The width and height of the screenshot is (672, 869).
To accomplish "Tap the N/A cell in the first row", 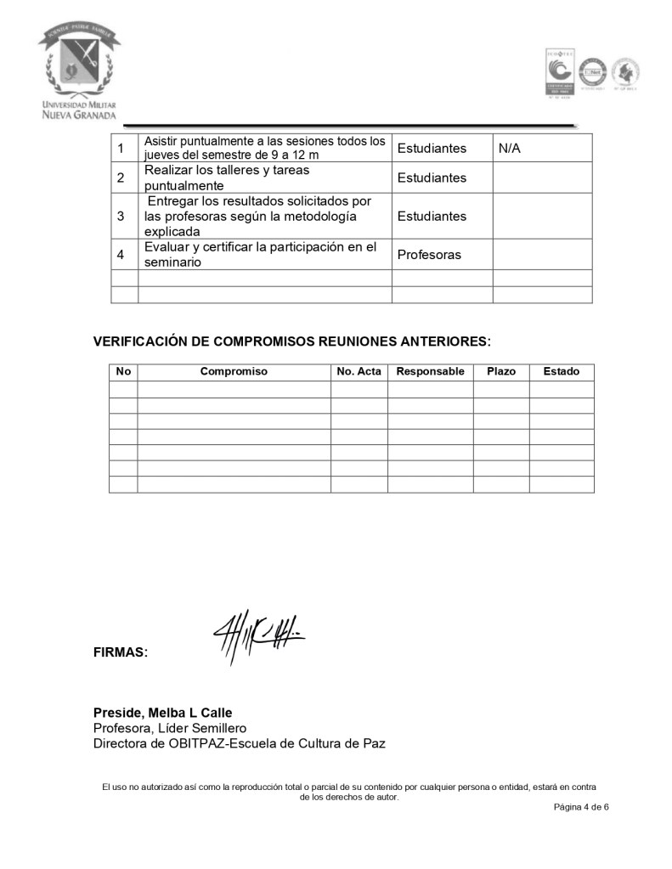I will pos(510,149).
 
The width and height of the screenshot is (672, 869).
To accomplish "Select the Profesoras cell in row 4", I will pos(429,255).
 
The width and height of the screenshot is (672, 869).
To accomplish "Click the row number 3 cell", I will pos(121,216).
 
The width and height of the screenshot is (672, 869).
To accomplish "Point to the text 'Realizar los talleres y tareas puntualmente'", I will pos(227,178).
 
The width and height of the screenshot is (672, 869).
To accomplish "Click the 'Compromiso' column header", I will pos(234,371).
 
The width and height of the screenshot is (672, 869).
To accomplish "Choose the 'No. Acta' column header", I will pos(359,371).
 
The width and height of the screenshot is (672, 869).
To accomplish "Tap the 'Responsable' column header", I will pos(430,371).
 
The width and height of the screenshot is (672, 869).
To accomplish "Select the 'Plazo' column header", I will pos(501,371).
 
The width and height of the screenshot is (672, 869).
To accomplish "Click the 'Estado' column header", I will pos(562,371).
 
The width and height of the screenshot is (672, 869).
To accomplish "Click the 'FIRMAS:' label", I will pos(121,653).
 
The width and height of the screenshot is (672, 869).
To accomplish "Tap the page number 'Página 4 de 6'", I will pos(582,807).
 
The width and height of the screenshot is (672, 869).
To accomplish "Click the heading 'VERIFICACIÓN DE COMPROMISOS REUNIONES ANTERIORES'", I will pos(291,341).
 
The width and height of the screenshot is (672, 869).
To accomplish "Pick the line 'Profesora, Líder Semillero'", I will pos(170,728).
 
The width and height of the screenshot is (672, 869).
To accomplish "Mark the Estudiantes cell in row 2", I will pos(432,178).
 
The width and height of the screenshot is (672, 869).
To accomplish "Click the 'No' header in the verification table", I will pos(123,371).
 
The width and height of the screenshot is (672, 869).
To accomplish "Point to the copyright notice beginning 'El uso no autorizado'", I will pos(349,792).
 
